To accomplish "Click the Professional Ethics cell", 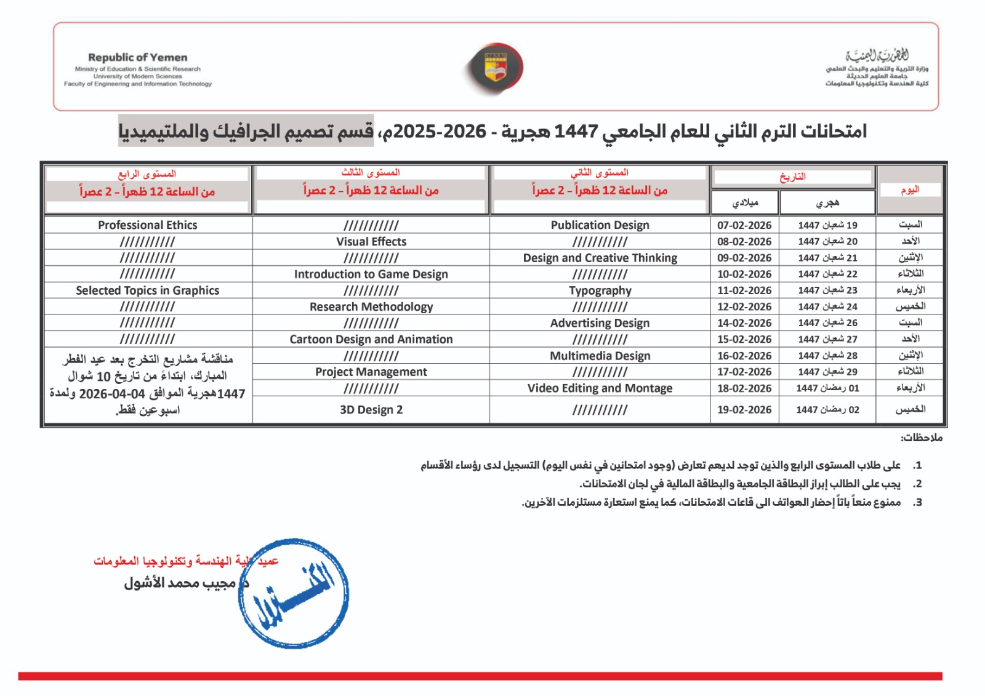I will [x=148, y=225].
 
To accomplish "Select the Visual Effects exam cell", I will [x=371, y=242].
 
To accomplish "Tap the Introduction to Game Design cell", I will [x=371, y=274].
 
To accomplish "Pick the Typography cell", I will [x=600, y=290].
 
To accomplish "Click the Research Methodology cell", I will [x=371, y=306].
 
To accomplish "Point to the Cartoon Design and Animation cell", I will [x=371, y=339].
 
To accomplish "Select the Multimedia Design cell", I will [x=600, y=356].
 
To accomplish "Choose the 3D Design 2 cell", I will [x=371, y=410].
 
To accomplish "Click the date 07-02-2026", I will [x=744, y=225].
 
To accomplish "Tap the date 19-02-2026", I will [x=744, y=410].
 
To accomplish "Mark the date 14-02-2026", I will [x=744, y=323].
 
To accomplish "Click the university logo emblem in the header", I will [x=496, y=68].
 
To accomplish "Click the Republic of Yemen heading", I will [x=137, y=57].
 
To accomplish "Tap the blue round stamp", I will [x=294, y=594].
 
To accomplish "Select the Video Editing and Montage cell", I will [x=600, y=388].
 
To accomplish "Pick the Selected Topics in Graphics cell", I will [x=148, y=290].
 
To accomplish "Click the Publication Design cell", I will [x=600, y=225].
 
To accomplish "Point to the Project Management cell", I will [x=371, y=372].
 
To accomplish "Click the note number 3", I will [x=917, y=502].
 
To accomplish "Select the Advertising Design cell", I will [x=600, y=323].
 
